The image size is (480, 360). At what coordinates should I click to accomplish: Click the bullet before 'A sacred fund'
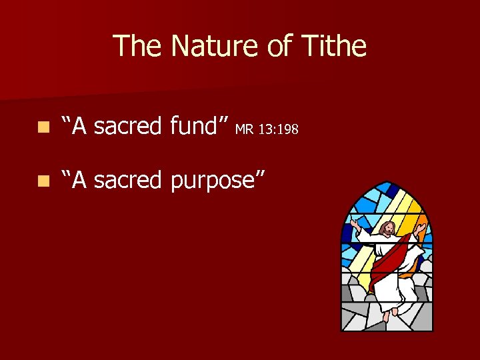point(43,126)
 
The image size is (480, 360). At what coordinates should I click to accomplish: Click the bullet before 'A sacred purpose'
point(43,180)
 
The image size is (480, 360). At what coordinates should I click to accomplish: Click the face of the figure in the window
point(387,230)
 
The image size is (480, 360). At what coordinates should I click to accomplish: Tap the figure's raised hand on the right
point(419,229)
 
